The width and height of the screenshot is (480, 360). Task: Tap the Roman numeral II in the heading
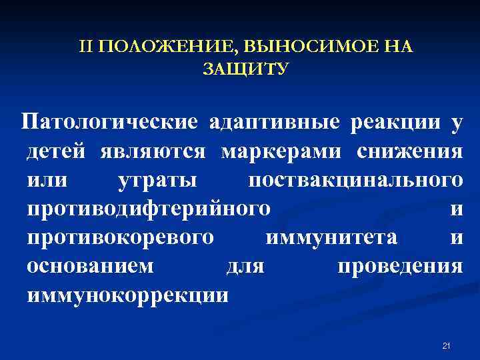[x=85, y=47]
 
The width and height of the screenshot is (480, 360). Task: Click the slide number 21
[x=447, y=345]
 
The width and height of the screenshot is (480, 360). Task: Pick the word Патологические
[x=109, y=123]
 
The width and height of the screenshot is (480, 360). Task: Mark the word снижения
[x=409, y=151]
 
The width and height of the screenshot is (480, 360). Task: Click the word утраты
[x=157, y=180]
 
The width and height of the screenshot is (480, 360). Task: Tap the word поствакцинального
[x=354, y=180]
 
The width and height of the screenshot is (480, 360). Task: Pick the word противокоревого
[x=121, y=237]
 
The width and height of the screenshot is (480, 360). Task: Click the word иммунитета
[x=331, y=237]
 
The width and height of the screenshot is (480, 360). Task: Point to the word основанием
[x=90, y=266]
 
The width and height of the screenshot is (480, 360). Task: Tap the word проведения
[x=399, y=266]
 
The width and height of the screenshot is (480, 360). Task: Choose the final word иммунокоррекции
[x=127, y=295]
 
